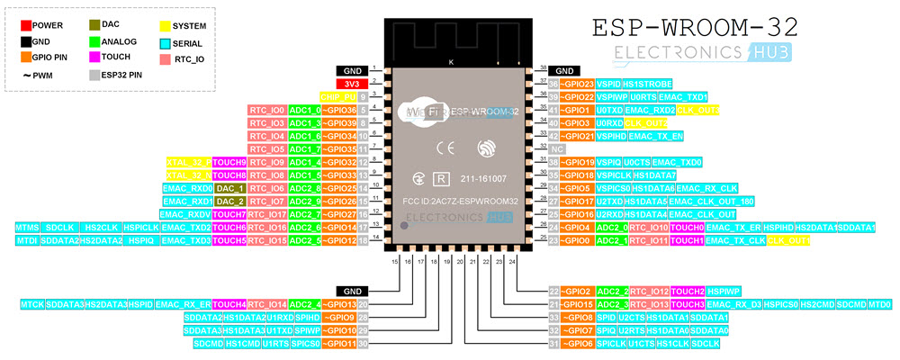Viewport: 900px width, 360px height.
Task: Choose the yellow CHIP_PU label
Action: click(x=337, y=96)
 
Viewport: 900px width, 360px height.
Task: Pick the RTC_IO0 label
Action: click(x=267, y=110)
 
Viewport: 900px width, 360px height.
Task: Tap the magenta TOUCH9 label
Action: click(x=229, y=162)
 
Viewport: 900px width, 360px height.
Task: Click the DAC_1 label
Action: click(x=230, y=188)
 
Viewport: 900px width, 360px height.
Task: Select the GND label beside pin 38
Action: click(x=564, y=70)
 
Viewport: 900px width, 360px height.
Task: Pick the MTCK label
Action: click(x=31, y=305)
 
